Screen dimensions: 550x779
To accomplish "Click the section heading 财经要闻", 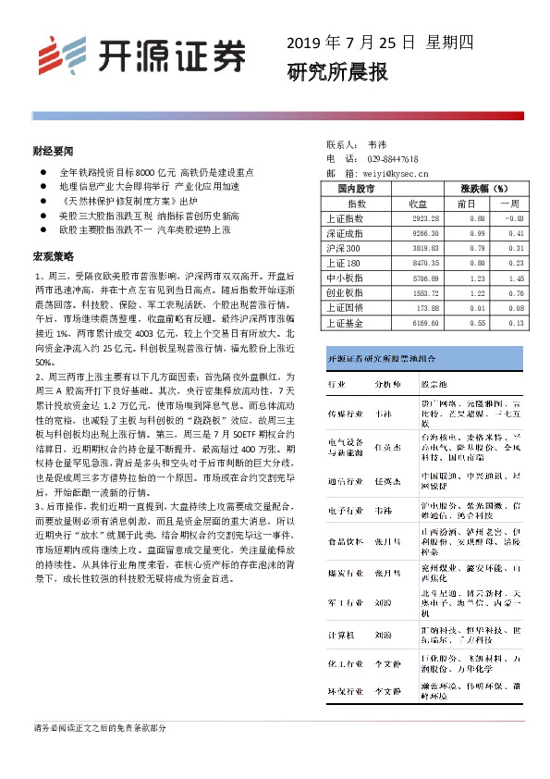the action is pyautogui.click(x=53, y=149).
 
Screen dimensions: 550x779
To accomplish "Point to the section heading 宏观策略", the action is pyautogui.click(x=53, y=254).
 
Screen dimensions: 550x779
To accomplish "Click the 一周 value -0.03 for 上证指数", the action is pyautogui.click(x=513, y=218).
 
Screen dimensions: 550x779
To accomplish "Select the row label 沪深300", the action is pyautogui.click(x=344, y=248).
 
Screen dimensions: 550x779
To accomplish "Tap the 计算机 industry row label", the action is pyautogui.click(x=339, y=636).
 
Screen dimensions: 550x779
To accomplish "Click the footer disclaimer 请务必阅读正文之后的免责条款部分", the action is pyautogui.click(x=100, y=729).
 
